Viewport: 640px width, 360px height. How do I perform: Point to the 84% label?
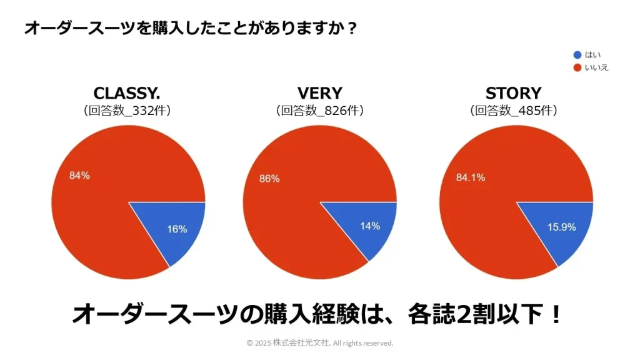click(x=79, y=176)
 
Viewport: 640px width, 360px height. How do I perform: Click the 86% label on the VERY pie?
click(x=269, y=179)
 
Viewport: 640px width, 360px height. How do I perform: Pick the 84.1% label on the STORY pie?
click(x=471, y=177)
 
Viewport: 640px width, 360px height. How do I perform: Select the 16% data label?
click(x=177, y=229)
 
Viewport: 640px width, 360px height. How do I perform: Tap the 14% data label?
click(x=369, y=226)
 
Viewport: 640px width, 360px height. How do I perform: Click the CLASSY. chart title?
click(x=127, y=93)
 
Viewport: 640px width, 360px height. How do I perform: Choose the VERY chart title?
click(x=319, y=93)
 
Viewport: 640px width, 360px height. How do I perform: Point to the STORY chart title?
click(x=513, y=93)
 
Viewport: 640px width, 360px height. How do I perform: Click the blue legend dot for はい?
click(x=577, y=55)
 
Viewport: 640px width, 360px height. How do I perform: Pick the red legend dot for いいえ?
click(x=577, y=67)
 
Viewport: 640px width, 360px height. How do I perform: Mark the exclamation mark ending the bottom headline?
click(x=555, y=314)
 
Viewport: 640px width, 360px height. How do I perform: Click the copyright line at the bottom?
click(x=320, y=343)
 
